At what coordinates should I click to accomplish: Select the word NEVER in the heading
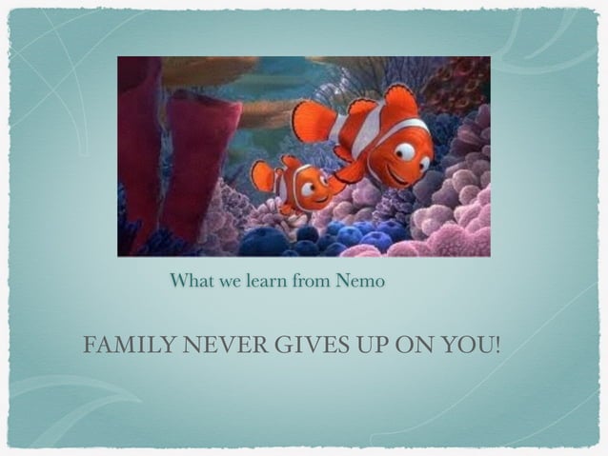pos(204,344)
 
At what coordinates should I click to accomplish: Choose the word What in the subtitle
pos(189,282)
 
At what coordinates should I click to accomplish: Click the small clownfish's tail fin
pos(261,175)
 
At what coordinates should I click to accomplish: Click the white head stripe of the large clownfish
pos(385,143)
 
